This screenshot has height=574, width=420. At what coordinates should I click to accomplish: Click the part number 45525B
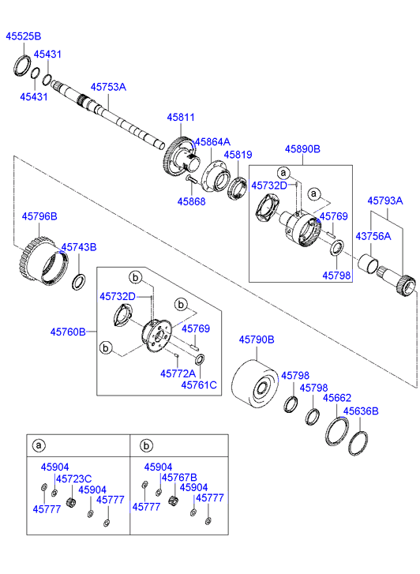click(24, 36)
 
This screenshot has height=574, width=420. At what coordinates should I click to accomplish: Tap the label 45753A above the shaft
click(108, 87)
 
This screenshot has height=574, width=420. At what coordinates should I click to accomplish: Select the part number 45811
click(181, 118)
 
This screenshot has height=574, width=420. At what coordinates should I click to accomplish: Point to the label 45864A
click(212, 141)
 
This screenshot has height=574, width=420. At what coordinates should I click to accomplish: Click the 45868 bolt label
click(191, 201)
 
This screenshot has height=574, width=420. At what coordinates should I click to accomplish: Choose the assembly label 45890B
click(302, 149)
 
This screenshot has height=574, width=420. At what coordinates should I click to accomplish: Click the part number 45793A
click(384, 201)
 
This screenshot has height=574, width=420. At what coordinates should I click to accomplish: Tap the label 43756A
click(373, 237)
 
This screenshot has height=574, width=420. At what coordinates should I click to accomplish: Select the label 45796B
click(39, 216)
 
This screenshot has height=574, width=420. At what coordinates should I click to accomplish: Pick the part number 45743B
click(79, 247)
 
